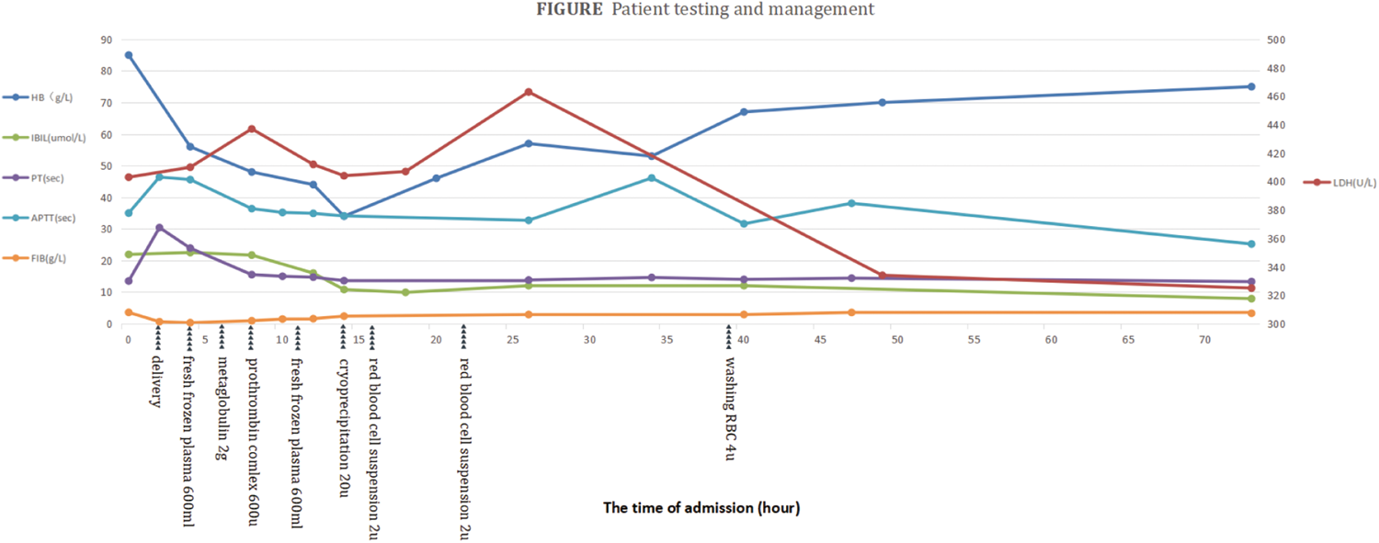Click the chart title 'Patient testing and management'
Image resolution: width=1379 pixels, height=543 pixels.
point(743,9)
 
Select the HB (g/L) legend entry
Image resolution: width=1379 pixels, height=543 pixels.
point(39,97)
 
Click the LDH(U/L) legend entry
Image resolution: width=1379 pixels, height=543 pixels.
point(1339,183)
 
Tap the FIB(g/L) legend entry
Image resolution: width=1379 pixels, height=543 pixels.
point(35,258)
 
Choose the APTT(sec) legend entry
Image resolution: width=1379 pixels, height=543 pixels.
point(40,218)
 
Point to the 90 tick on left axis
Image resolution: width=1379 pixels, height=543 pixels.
point(107,40)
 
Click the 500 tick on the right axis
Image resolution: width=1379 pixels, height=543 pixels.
point(1276,40)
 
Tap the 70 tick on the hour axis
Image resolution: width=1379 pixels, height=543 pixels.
point(1204,339)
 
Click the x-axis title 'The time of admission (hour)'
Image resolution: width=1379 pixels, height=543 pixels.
point(701,508)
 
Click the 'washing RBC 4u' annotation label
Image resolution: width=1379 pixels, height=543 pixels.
point(730,409)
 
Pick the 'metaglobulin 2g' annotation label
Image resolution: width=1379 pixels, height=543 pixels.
point(222,408)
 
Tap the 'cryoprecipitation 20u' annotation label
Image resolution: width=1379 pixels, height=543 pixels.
point(344,428)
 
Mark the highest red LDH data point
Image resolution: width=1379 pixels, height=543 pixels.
point(529,92)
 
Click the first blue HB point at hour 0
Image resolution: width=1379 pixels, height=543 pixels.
point(129,55)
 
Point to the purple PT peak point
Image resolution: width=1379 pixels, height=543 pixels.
point(159,228)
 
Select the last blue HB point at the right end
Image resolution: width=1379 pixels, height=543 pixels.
point(1251,86)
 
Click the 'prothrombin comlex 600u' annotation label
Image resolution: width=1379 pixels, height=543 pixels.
point(252,442)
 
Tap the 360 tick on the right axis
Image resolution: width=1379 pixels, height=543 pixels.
point(1276,239)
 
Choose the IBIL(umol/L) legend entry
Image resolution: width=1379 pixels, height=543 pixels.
point(44,138)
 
